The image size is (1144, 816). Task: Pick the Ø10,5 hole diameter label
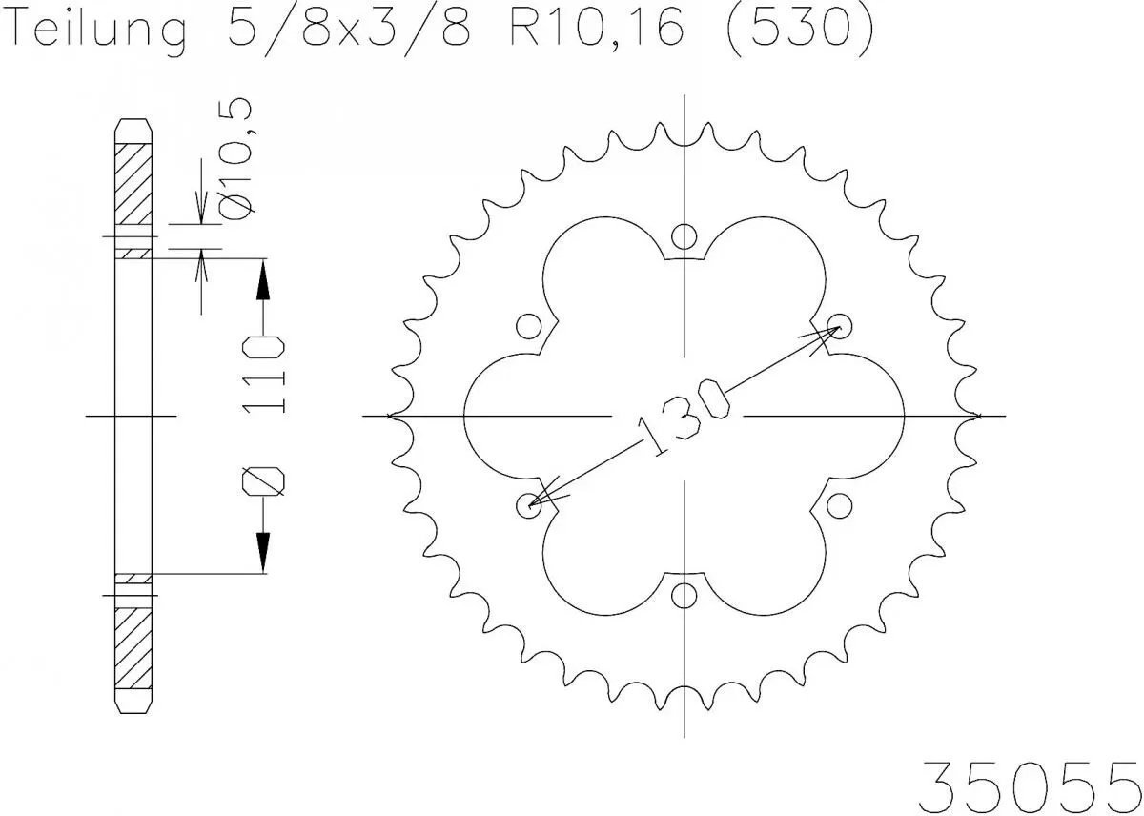pyautogui.click(x=239, y=153)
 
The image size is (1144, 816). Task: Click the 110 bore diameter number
pyautogui.click(x=263, y=375)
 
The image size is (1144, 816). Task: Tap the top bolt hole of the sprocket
pyautogui.click(x=684, y=236)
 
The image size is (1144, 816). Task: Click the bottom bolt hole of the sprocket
pyautogui.click(x=684, y=596)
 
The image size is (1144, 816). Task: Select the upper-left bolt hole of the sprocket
pyautogui.click(x=527, y=327)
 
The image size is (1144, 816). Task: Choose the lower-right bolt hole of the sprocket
pyautogui.click(x=839, y=502)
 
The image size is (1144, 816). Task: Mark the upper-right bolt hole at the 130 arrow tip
pyautogui.click(x=839, y=324)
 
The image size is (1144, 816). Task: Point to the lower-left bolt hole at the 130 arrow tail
pyautogui.click(x=527, y=504)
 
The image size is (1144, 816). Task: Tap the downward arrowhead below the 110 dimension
pyautogui.click(x=263, y=551)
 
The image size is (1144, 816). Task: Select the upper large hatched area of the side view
pyautogui.click(x=133, y=186)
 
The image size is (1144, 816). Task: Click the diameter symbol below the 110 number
pyautogui.click(x=263, y=482)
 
